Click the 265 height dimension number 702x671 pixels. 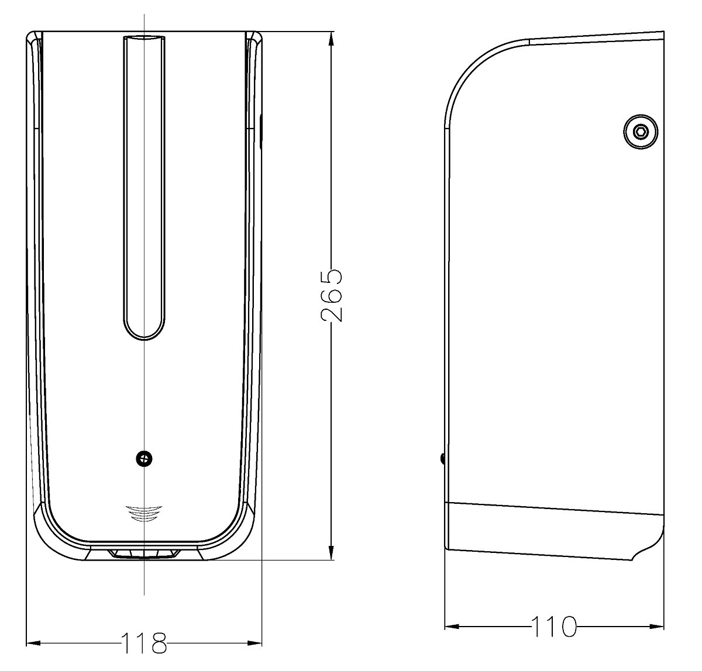pos(331,295)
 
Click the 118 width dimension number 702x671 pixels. pos(144,643)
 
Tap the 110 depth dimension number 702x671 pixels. pos(554,627)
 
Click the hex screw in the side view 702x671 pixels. pos(641,132)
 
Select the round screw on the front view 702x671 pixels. pos(144,459)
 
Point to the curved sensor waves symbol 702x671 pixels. pos(144,514)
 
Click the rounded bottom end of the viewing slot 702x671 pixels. pos(144,330)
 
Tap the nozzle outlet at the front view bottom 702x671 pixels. pos(144,554)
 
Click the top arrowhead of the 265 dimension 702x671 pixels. pos(331,39)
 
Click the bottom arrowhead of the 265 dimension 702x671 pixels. pos(331,552)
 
